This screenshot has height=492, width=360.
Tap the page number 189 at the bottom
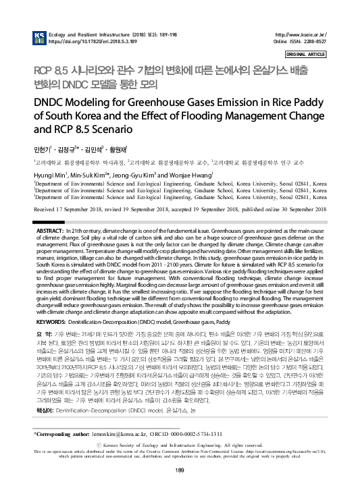(180, 470)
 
